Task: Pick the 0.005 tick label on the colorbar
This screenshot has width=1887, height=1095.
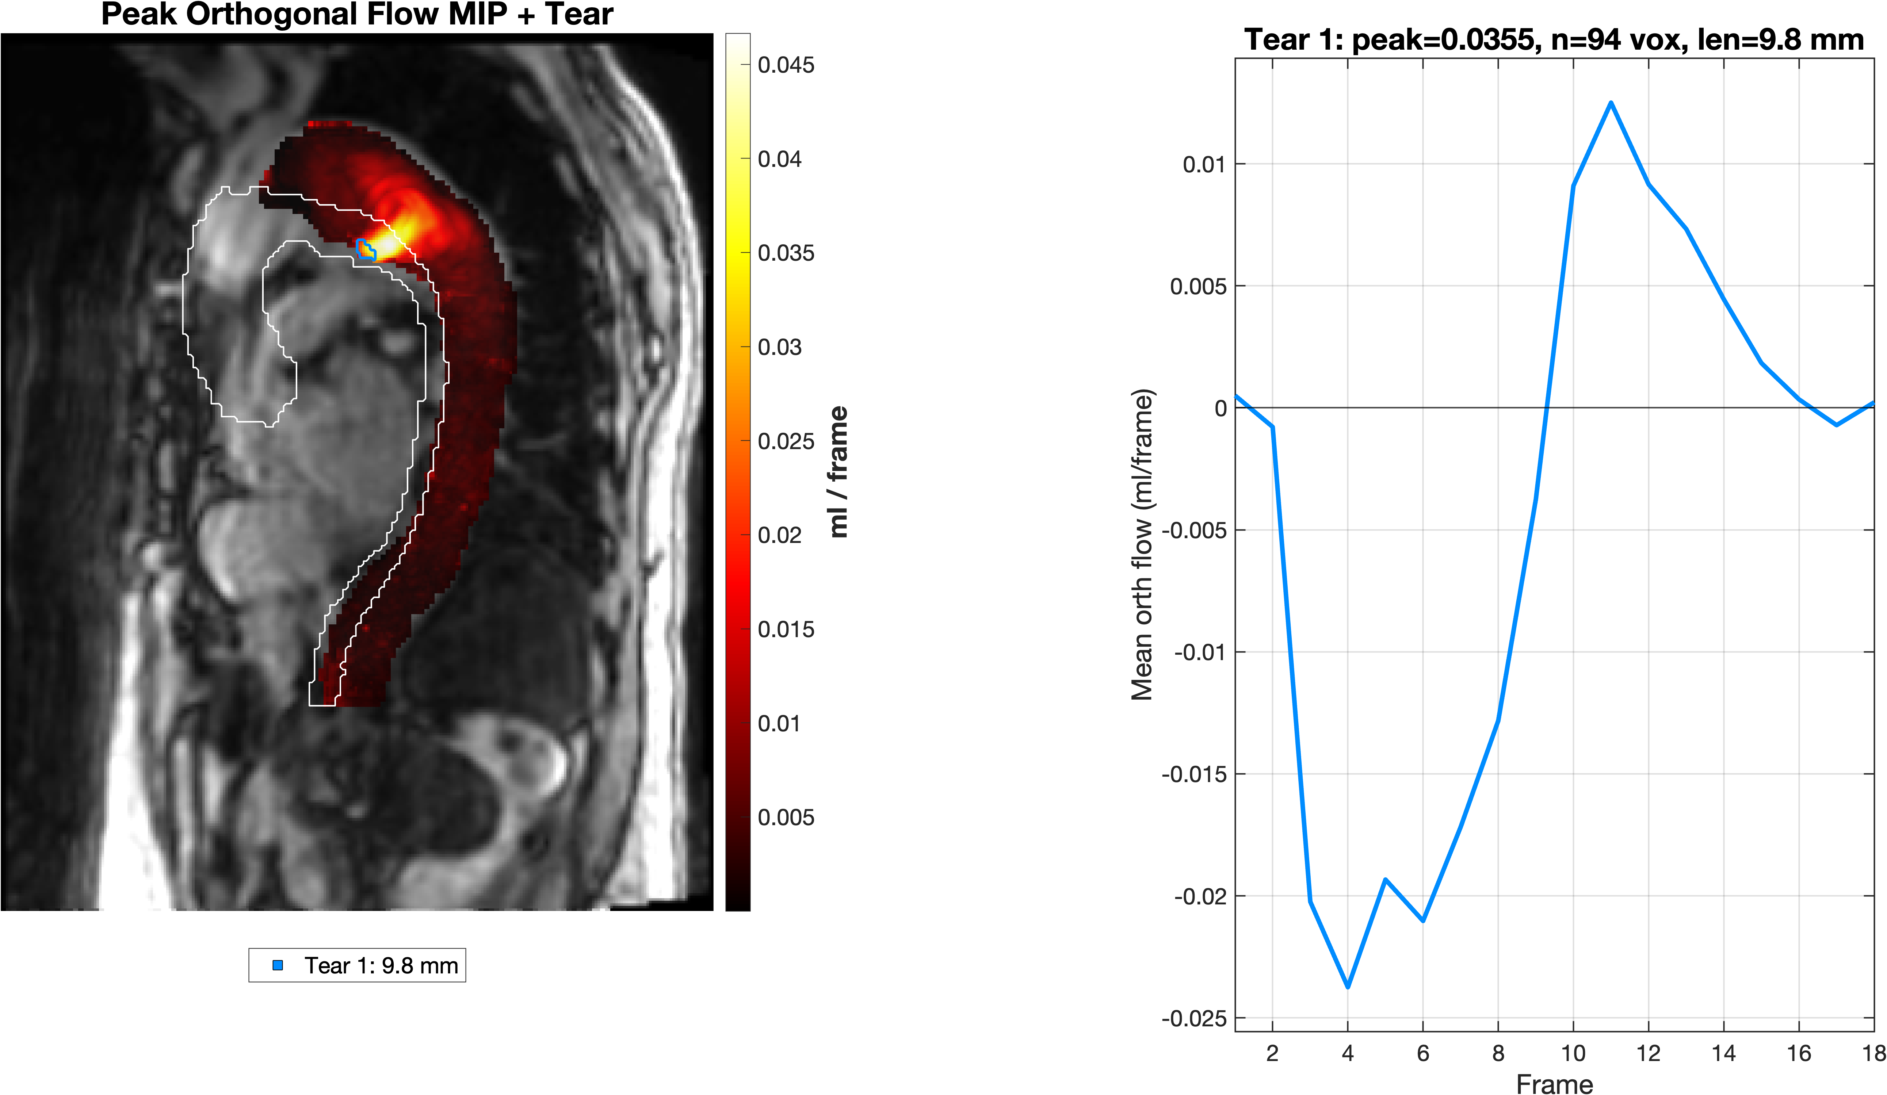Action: coord(785,817)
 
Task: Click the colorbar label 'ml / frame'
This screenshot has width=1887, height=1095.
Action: coord(839,471)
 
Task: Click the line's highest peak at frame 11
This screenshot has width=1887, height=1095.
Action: coord(1611,103)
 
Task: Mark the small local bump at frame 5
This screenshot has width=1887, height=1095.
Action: coord(1385,880)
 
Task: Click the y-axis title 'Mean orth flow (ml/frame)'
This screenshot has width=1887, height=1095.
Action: coord(1142,544)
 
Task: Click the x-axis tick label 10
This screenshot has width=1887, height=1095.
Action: coord(1573,1053)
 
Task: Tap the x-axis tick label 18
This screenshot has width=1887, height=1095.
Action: coord(1873,1053)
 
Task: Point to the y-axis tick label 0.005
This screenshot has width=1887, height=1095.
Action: coord(1198,286)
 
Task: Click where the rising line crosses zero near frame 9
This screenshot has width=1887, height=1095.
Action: coord(1546,408)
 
